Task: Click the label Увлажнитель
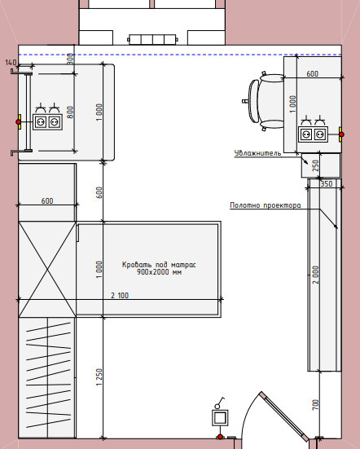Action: click(x=257, y=153)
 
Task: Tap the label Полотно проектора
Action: click(x=266, y=205)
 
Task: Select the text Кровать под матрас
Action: click(x=159, y=265)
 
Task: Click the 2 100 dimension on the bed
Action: click(x=120, y=295)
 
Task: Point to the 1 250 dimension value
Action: click(x=99, y=376)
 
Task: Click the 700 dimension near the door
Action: click(x=315, y=405)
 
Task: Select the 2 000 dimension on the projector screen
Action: click(x=315, y=275)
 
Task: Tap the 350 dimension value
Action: click(x=327, y=184)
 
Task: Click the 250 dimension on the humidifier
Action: click(x=315, y=165)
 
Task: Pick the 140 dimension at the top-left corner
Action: click(x=11, y=63)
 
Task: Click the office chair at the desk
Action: click(x=263, y=101)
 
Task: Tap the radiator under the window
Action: click(x=152, y=39)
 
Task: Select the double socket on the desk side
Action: click(x=313, y=134)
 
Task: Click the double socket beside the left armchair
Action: click(x=47, y=122)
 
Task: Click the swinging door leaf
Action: click(x=284, y=416)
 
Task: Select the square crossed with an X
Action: click(x=47, y=269)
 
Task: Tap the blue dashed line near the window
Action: click(x=180, y=55)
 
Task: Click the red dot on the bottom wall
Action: click(x=220, y=437)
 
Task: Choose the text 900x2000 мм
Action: click(x=159, y=272)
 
